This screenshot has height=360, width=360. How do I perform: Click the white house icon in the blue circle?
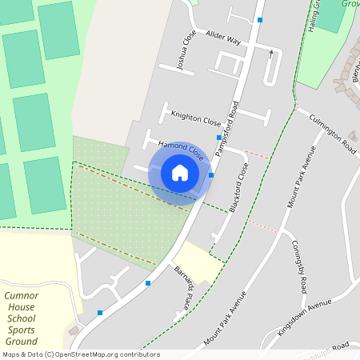180,173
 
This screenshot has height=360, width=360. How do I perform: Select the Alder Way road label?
222,38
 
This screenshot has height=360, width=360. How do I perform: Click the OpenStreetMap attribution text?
80,354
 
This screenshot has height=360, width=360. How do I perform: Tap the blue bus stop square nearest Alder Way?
260,18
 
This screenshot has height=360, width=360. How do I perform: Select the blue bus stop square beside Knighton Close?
218,138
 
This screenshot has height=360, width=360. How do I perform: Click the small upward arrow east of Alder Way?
271,54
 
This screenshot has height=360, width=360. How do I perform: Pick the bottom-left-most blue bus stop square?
100,312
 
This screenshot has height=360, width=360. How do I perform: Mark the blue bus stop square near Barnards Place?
148,282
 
